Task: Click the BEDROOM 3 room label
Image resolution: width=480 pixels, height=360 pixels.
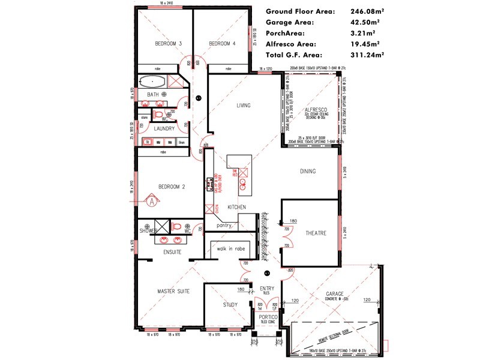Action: coord(169,43)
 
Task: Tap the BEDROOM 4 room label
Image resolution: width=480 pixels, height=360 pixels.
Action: coord(223,43)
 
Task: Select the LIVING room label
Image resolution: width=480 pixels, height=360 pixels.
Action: coord(243,106)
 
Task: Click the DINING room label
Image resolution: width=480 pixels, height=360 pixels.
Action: coord(308,172)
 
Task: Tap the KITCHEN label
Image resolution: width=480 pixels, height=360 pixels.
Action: coord(237,207)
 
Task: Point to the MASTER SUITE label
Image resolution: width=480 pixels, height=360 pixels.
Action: coord(173,291)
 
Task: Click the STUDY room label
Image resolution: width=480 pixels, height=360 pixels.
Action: coord(230,305)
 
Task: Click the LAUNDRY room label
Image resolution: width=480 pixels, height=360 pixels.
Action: coord(164,128)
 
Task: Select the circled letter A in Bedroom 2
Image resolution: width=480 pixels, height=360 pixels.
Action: coord(152,202)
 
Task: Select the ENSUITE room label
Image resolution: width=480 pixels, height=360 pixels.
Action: coord(172,252)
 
